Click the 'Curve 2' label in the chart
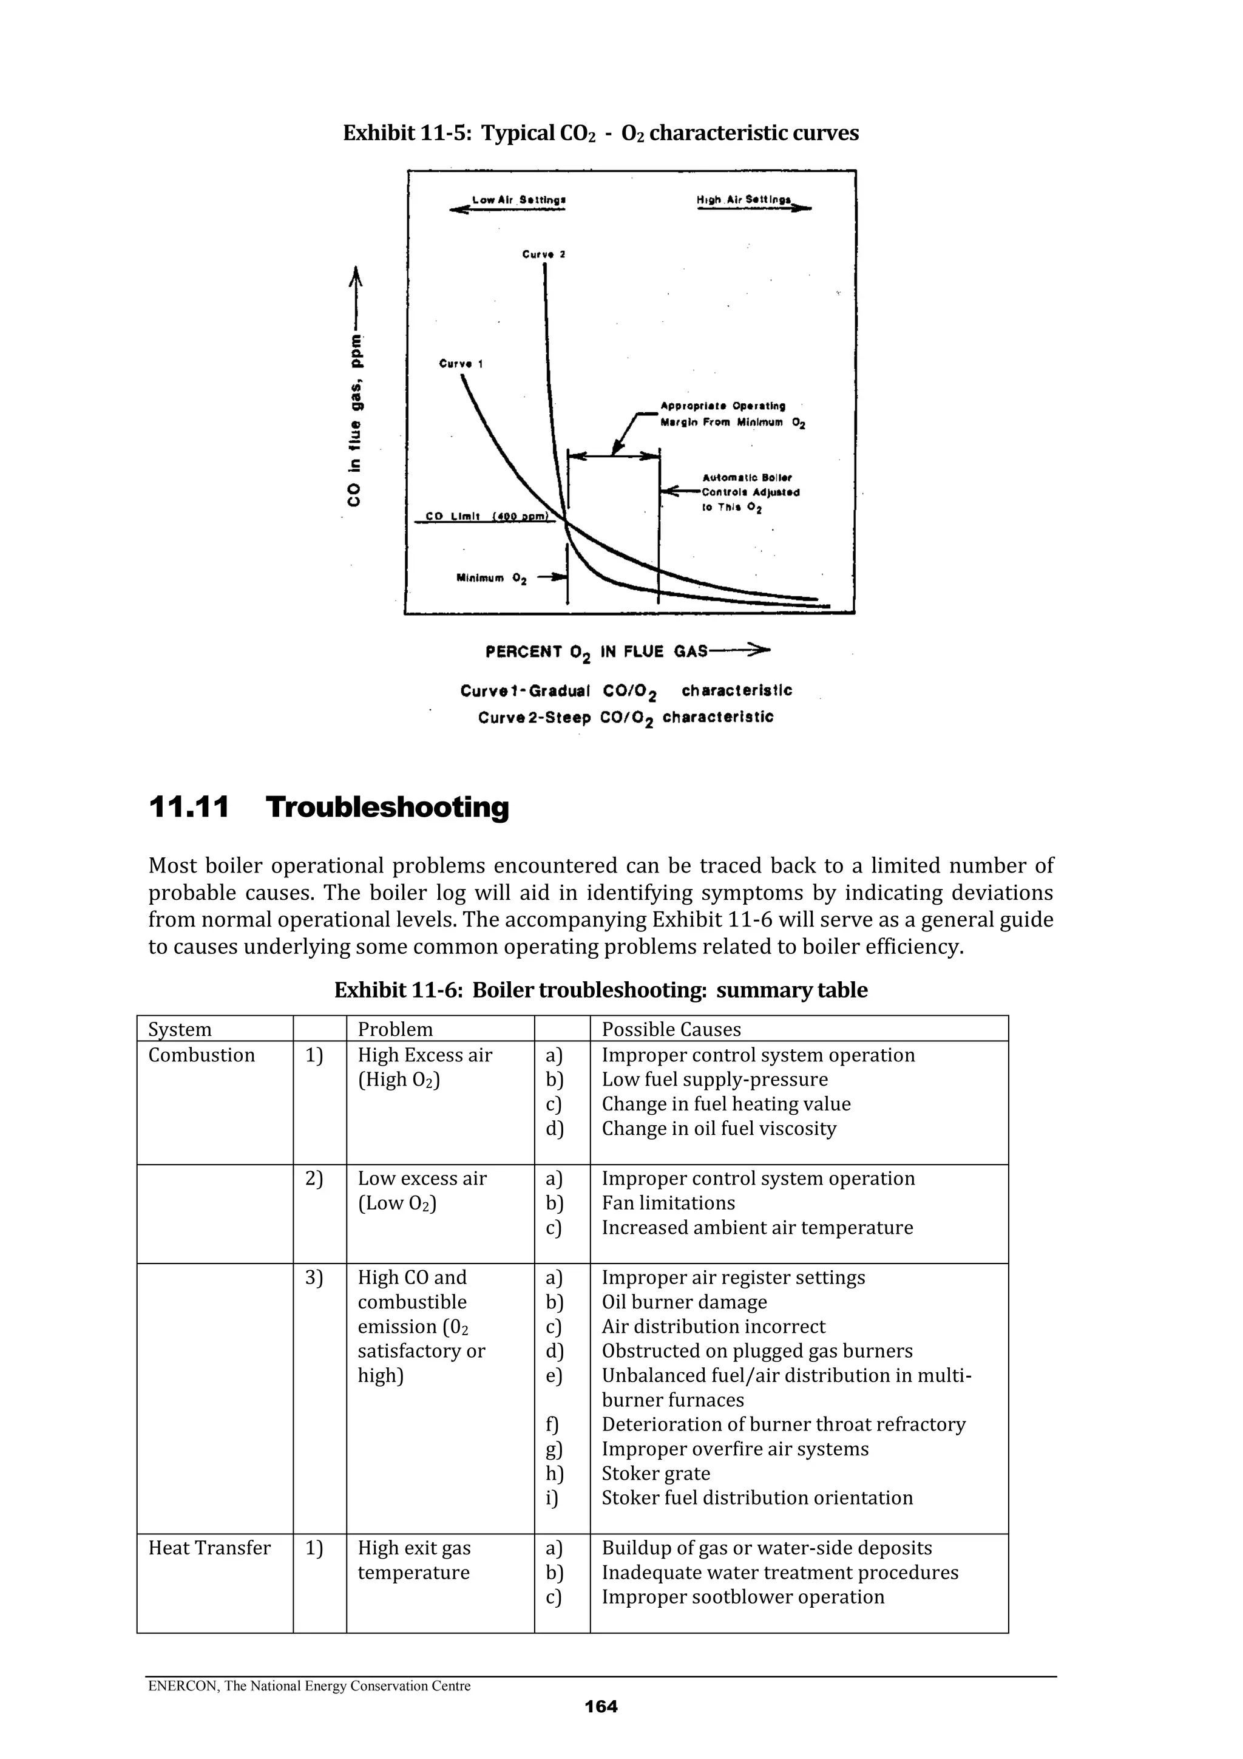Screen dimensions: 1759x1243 [543, 254]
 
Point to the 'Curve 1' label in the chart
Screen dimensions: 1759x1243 [460, 364]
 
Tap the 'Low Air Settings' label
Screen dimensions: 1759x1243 [518, 200]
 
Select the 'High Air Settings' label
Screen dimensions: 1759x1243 [743, 199]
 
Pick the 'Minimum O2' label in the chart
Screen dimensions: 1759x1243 [491, 579]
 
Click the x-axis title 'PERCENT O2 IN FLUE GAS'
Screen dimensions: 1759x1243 [596, 652]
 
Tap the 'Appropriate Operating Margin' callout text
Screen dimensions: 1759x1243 [723, 413]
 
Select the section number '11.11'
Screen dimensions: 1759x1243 [188, 808]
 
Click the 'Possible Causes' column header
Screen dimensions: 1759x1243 [671, 1029]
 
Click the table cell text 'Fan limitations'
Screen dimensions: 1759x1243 [668, 1203]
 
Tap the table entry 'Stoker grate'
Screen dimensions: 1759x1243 [655, 1473]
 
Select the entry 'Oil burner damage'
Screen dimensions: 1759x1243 [684, 1302]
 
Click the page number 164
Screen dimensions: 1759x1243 [600, 1706]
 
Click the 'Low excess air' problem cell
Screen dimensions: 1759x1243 [422, 1179]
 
